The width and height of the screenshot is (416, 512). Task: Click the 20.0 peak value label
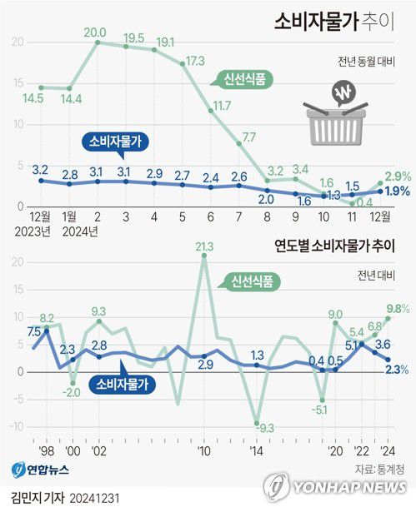pos(95,32)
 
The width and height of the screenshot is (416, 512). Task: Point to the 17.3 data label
pos(196,61)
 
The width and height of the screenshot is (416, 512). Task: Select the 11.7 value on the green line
pos(222,106)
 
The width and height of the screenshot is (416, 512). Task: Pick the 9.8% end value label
pos(398,308)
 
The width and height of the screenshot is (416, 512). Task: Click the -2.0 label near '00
pos(73,383)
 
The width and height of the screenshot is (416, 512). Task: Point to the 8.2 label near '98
pos(47,318)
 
